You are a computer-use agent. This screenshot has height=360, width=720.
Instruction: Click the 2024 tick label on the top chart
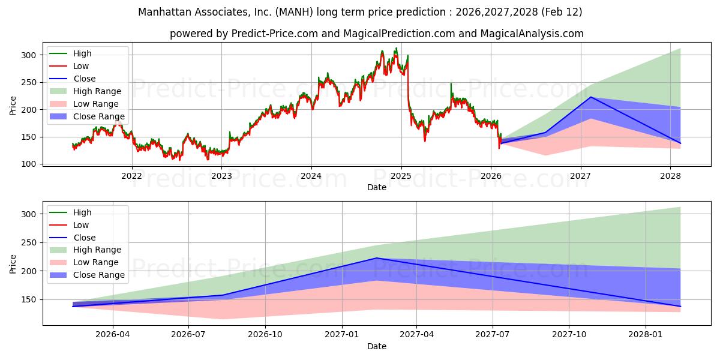point(311,176)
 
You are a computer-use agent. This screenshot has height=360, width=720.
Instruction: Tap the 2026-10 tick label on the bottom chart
point(265,335)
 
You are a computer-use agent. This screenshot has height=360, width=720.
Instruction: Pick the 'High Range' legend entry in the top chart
point(97,91)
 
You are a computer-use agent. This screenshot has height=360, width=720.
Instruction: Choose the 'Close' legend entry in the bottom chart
point(84,238)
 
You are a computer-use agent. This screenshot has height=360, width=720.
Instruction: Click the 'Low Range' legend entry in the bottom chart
point(96,262)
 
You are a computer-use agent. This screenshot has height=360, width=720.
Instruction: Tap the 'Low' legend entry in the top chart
point(81,66)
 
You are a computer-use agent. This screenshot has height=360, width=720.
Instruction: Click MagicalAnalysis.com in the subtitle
point(532,34)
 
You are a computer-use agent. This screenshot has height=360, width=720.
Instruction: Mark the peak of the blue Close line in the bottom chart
point(376,258)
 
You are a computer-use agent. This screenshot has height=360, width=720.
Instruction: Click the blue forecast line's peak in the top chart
point(591,97)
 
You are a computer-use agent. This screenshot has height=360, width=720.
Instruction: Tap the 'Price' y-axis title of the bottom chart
point(13,263)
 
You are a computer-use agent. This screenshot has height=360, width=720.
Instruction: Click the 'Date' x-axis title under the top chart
point(377,187)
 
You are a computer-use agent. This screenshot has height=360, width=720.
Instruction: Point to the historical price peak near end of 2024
point(395,49)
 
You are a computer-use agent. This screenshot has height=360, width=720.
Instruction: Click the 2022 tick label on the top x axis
point(131,176)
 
